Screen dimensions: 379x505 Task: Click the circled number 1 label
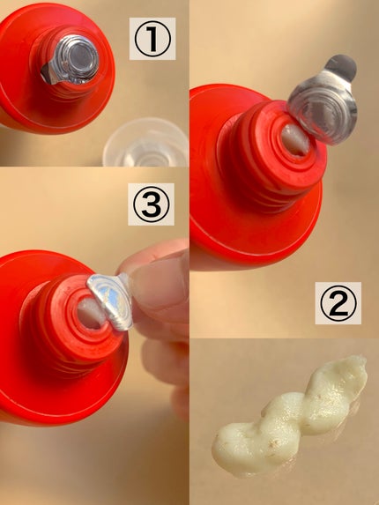tap(152, 39)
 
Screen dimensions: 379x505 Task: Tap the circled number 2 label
tap(338, 303)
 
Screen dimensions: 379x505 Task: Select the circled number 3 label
tap(151, 204)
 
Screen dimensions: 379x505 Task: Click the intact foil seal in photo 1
tap(71, 60)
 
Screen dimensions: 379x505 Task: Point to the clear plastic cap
tap(146, 143)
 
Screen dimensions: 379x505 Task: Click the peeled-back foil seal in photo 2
tap(323, 100)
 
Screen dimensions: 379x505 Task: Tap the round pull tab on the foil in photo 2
tap(341, 67)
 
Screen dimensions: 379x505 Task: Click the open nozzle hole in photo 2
tap(295, 140)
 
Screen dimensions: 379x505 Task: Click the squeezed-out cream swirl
tap(289, 415)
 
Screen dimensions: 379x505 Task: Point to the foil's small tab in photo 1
tap(48, 74)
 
